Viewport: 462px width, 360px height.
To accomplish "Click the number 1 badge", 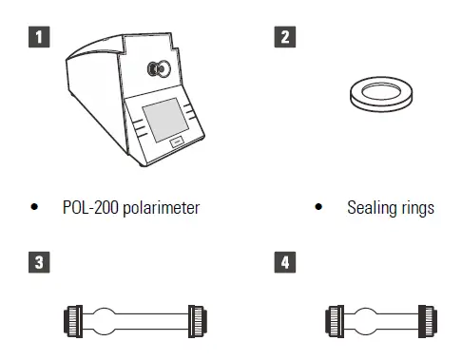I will click(x=38, y=39).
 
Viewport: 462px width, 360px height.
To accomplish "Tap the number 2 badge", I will click(x=284, y=39).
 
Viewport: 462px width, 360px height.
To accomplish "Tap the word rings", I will click(x=416, y=207).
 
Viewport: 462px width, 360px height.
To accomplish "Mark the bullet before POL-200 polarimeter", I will click(x=36, y=207).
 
